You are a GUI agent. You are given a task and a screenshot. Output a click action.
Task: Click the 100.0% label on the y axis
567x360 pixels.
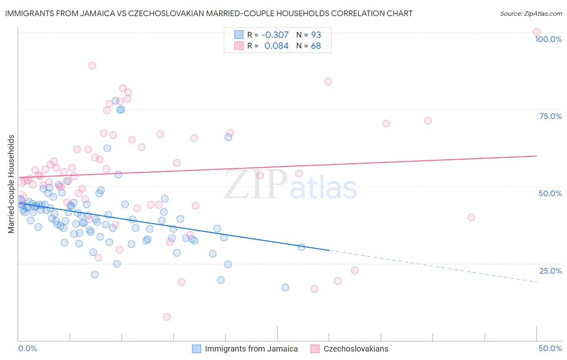[548, 39]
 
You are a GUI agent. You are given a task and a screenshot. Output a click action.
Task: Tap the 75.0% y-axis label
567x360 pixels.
[550, 116]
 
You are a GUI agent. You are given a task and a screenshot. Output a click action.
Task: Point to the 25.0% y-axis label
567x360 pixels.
[550, 271]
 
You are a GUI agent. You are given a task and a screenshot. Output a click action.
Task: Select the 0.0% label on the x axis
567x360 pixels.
[27, 348]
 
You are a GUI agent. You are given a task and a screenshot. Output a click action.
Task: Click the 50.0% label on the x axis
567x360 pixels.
[550, 348]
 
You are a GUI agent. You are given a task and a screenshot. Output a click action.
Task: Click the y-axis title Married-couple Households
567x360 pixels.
[11, 184]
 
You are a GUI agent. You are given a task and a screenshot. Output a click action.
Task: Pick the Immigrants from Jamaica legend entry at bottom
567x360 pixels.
[251, 349]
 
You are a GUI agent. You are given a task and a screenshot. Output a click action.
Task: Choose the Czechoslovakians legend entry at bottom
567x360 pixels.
[356, 349]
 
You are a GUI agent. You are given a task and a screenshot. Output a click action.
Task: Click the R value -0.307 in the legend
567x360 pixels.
[275, 35]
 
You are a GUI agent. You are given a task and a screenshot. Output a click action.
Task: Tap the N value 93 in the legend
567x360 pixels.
[316, 35]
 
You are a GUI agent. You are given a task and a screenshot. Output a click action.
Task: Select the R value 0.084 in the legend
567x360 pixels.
[276, 46]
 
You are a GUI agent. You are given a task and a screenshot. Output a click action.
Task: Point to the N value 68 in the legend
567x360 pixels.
[316, 46]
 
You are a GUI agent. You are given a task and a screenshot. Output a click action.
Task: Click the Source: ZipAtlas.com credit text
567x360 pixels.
[531, 14]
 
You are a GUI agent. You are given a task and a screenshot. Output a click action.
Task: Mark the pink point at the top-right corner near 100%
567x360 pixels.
[536, 32]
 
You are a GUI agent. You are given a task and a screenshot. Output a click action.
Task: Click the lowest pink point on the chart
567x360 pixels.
[167, 317]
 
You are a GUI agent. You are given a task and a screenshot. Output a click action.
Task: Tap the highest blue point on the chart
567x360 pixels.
[115, 101]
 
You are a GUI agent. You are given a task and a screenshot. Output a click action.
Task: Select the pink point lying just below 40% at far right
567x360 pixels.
[471, 217]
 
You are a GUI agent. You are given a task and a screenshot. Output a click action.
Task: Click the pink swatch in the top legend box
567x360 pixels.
[239, 46]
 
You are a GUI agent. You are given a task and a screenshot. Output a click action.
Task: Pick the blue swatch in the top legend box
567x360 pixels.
[239, 35]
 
